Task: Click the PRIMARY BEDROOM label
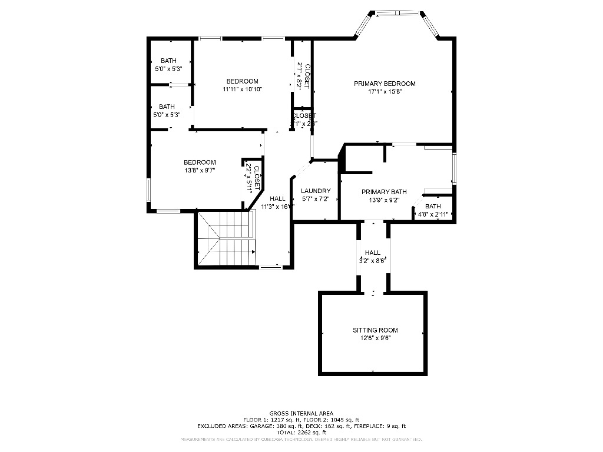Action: pos(385,84)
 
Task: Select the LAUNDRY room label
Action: pos(316,191)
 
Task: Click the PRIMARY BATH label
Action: pos(384,192)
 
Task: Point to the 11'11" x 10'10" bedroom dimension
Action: pos(242,89)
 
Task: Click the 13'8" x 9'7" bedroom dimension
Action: pos(200,171)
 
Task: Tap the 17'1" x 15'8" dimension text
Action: pos(385,91)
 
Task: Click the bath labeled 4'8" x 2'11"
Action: pos(433,210)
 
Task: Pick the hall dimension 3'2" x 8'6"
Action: pos(372,260)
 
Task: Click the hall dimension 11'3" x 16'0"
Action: pos(277,207)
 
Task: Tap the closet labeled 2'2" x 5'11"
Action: pos(250,178)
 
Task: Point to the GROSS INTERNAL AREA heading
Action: pos(301,413)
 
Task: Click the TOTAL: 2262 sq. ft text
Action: pos(301,433)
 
